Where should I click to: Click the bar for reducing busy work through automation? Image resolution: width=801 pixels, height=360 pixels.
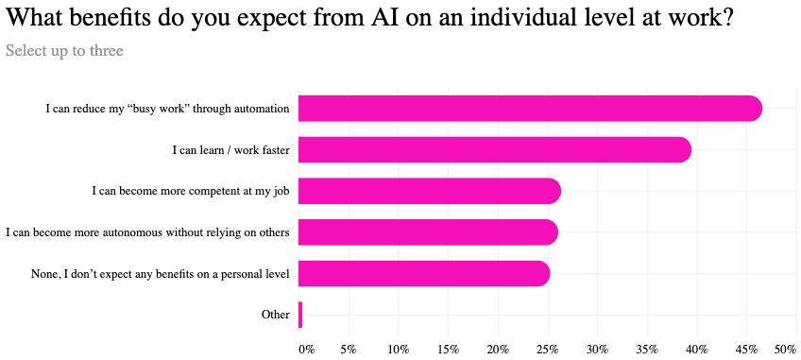click(529, 109)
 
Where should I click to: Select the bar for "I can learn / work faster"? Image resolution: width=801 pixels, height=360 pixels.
click(494, 149)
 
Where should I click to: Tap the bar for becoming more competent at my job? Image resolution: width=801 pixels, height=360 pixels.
click(429, 191)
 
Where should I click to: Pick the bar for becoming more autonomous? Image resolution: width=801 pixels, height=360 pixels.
click(427, 232)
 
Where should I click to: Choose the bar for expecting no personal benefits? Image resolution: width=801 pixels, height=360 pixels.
click(423, 274)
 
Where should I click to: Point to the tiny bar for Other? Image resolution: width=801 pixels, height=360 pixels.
click(300, 315)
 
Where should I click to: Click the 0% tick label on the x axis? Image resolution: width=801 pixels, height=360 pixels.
click(306, 350)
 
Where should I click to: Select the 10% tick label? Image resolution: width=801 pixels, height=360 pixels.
click(399, 350)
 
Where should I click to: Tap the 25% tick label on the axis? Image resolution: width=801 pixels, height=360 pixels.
click(548, 350)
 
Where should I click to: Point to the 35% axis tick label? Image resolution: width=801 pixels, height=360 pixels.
click(647, 350)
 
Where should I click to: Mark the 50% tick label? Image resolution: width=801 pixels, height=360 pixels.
click(785, 350)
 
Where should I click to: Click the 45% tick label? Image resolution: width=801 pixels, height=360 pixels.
click(746, 350)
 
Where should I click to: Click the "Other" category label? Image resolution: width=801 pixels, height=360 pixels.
click(275, 315)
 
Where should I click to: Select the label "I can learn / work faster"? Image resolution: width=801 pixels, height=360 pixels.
click(230, 149)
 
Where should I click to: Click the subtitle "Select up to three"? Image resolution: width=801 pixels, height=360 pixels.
click(64, 50)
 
